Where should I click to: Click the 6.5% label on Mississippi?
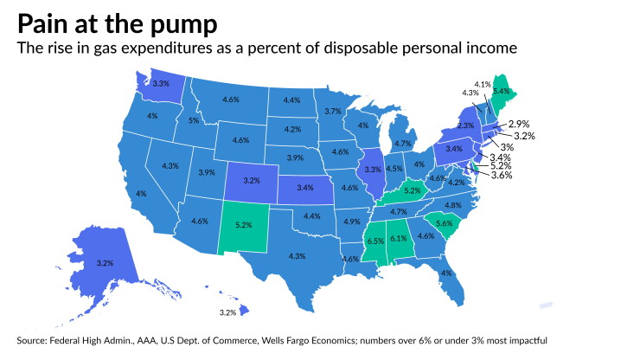click(375, 241)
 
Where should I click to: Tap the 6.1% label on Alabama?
click(399, 239)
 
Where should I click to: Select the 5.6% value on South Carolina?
click(444, 223)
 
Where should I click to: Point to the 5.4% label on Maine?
click(502, 92)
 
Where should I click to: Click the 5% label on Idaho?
click(194, 120)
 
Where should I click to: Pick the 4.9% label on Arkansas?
click(352, 222)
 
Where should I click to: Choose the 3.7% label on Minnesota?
click(333, 111)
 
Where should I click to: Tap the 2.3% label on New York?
click(465, 125)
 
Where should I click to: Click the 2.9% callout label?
click(519, 124)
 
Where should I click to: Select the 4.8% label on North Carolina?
click(453, 205)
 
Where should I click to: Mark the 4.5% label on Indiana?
click(394, 169)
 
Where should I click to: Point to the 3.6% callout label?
click(502, 176)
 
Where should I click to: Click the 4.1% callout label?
click(483, 85)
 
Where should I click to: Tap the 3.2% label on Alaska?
click(105, 263)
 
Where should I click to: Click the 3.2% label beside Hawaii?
click(227, 312)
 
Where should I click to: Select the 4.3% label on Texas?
click(297, 256)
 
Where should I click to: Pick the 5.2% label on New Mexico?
click(244, 225)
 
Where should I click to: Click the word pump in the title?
click(183, 25)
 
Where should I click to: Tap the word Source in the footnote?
click(30, 340)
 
